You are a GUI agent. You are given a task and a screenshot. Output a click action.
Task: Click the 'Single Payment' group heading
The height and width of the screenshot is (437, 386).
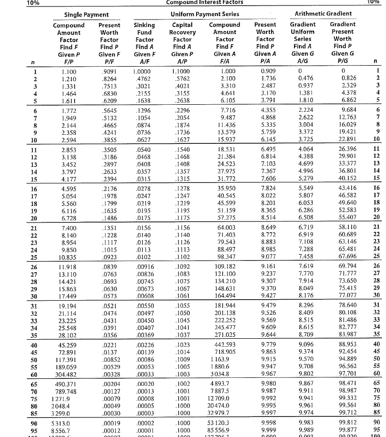[83, 15]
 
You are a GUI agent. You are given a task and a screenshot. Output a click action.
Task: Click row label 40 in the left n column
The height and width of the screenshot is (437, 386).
[32, 344]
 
